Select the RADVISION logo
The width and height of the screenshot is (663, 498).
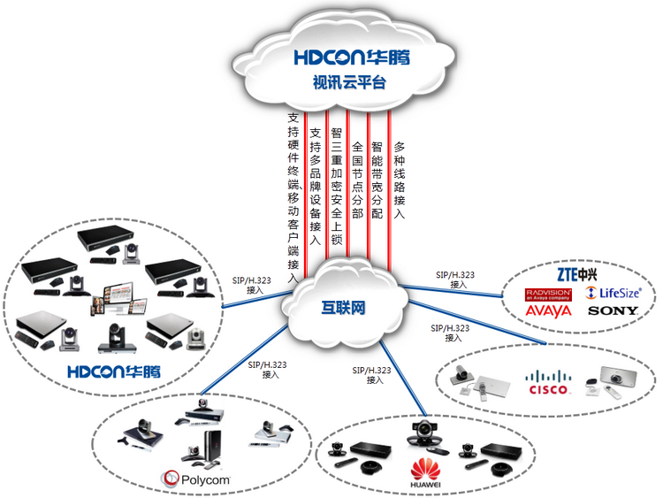548,292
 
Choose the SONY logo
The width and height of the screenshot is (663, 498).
613,311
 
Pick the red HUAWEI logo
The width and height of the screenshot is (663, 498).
425,469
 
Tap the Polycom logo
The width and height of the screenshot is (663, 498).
195,479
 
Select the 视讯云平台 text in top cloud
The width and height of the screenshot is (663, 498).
350,84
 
